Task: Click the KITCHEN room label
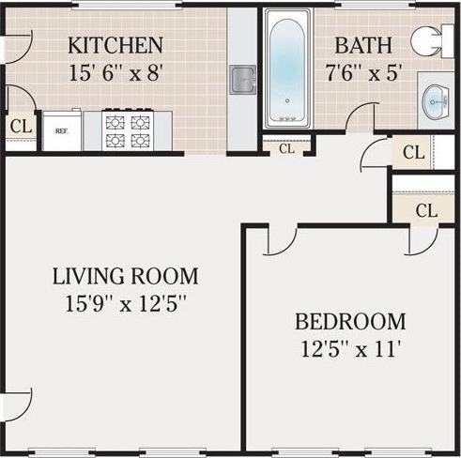115,44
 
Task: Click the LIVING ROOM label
125,276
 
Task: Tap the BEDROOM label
350,322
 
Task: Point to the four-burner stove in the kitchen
128,132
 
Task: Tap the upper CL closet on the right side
412,152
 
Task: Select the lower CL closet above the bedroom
425,209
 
